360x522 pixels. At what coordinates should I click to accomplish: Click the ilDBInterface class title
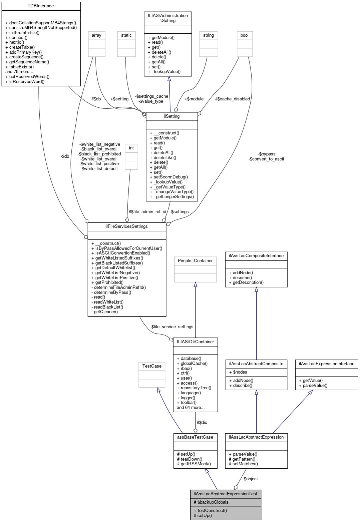(41, 6)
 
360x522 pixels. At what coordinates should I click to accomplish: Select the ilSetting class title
(171, 116)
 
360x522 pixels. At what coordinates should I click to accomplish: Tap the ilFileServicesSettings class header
(126, 226)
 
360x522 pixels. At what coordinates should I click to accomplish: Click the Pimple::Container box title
(195, 260)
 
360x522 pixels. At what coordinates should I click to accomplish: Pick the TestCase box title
(152, 366)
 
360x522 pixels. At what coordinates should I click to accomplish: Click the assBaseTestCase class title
(195, 437)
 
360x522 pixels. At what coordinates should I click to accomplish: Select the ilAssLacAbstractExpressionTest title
(226, 494)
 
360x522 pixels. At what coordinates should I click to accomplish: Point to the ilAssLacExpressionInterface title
(326, 364)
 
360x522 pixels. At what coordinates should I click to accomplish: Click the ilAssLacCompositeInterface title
(256, 256)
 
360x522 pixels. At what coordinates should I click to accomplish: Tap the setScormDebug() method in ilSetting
(170, 177)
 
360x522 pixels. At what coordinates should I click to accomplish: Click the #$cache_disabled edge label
(232, 99)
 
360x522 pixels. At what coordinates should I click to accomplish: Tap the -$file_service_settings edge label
(171, 327)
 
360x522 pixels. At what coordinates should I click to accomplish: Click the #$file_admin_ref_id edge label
(147, 212)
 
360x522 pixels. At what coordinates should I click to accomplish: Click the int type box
(131, 148)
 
